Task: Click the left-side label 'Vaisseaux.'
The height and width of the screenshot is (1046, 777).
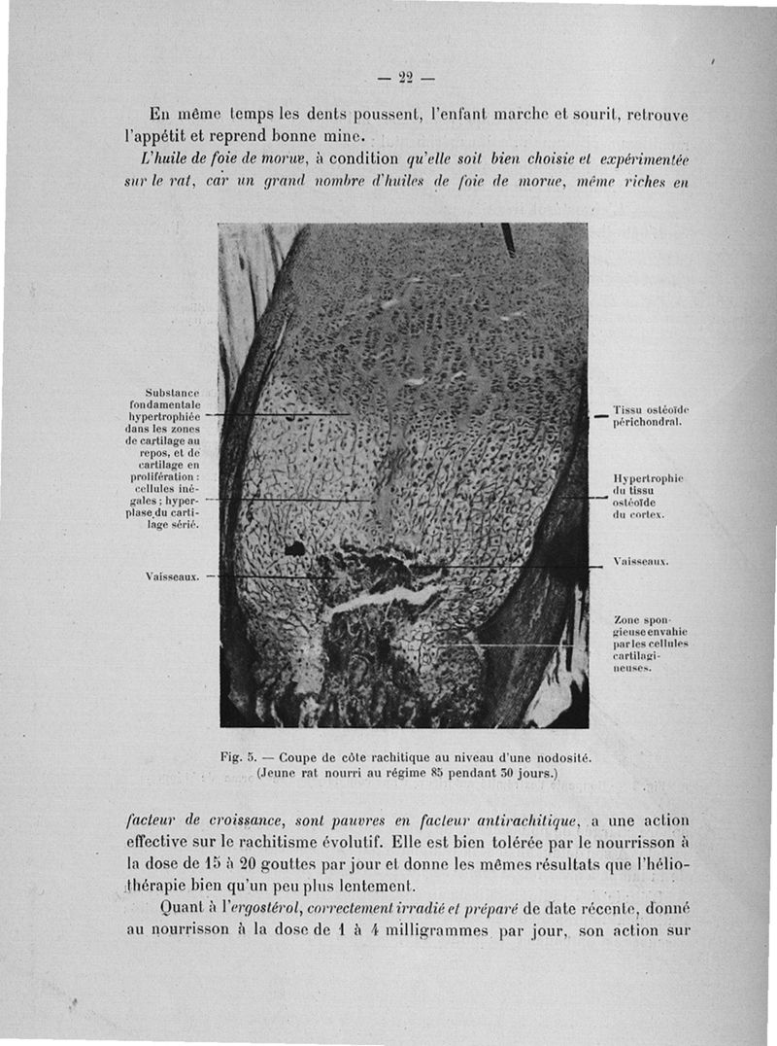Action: [172, 575]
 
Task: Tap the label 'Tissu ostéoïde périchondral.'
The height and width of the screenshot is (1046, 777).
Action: [648, 416]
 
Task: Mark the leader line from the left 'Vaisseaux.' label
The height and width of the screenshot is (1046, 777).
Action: [272, 575]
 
